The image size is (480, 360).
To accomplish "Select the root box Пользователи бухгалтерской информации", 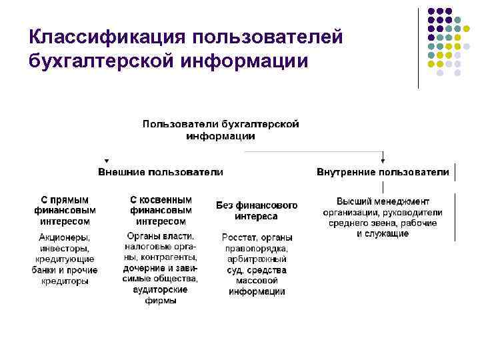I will (220, 130).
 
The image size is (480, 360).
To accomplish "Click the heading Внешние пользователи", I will (161, 172).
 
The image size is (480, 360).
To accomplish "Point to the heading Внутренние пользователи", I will (383, 172).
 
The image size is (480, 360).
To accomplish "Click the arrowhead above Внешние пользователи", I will (105, 161).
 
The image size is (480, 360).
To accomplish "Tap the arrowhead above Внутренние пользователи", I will (383, 161).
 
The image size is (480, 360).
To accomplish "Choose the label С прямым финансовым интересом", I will (64, 210).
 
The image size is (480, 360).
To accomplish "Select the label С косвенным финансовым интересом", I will (161, 210).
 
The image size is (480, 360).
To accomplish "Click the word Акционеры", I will (64, 238).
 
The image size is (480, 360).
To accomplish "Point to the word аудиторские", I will (161, 289).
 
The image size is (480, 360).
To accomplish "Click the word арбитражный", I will (257, 259).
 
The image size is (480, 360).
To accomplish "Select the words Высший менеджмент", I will (383, 201).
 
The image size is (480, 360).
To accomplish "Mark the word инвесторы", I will (64, 249).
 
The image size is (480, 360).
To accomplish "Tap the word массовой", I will (257, 281).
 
